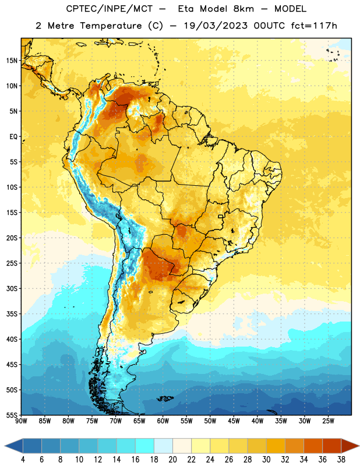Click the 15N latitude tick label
12,61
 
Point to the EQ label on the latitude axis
13,137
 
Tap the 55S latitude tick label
12,415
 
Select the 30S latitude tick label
12,288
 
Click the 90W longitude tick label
22,421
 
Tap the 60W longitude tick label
163,421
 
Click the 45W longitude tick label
234,421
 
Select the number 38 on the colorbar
341,460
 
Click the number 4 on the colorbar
23,460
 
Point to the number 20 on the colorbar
172,460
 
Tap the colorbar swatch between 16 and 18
145,446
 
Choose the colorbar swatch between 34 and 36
313,446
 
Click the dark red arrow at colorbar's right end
350,446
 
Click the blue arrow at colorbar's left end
14,446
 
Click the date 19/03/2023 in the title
216,26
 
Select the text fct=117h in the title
314,26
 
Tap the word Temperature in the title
111,26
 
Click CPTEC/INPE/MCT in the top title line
110,9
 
